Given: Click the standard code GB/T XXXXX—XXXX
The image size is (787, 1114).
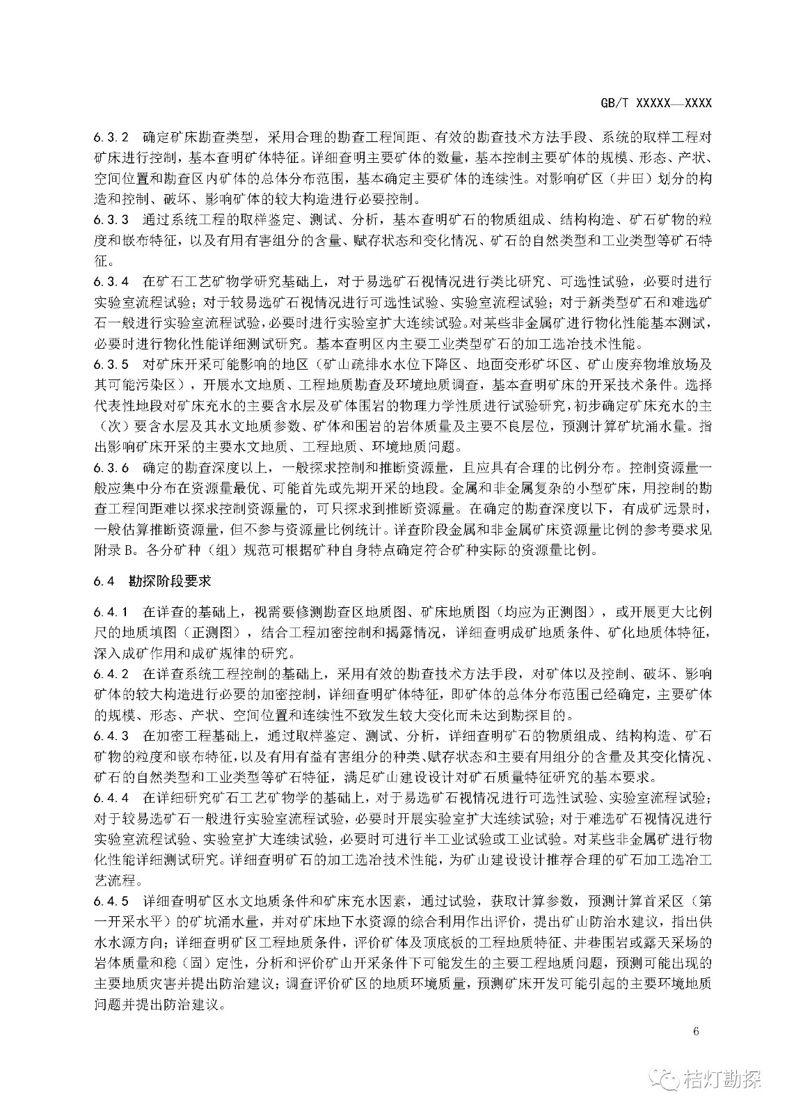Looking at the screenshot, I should (x=655, y=103).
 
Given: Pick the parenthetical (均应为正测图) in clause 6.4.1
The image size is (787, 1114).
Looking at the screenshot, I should (x=543, y=613).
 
